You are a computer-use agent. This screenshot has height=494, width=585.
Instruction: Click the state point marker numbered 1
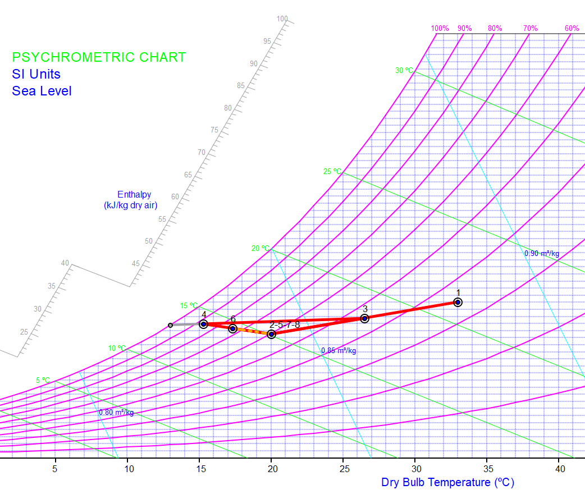pos(458,303)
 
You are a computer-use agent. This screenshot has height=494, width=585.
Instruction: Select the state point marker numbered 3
pos(364,318)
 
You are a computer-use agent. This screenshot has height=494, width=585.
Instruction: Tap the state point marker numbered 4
pos(204,324)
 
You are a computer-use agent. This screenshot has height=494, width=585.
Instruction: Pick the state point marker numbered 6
pos(232,328)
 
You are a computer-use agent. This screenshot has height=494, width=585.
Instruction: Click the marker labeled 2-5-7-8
pos(272,334)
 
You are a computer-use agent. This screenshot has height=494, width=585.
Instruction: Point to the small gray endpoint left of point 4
pos(171,325)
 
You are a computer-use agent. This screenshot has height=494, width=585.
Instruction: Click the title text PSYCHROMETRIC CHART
pos(99,57)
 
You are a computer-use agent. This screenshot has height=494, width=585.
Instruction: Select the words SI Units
pos(36,74)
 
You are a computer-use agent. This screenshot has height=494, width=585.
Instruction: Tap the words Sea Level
pos(42,91)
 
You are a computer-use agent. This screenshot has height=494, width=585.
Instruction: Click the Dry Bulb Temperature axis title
pos(447,482)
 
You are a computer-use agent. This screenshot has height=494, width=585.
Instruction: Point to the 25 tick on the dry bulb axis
pos(344,469)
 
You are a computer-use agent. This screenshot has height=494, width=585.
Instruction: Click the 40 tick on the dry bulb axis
pos(560,469)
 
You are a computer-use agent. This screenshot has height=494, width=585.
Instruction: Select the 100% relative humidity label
pos(440,29)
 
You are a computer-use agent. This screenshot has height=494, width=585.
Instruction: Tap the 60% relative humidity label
pos(572,29)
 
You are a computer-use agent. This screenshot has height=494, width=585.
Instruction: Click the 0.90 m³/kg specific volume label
pos(542,253)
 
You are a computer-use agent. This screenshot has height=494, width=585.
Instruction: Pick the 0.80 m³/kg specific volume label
pos(116,413)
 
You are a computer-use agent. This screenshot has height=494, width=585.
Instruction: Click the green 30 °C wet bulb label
pos(404,71)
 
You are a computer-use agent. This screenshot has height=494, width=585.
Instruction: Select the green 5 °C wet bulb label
pos(43,380)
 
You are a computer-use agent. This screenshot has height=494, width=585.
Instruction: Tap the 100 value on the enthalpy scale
pos(282,19)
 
